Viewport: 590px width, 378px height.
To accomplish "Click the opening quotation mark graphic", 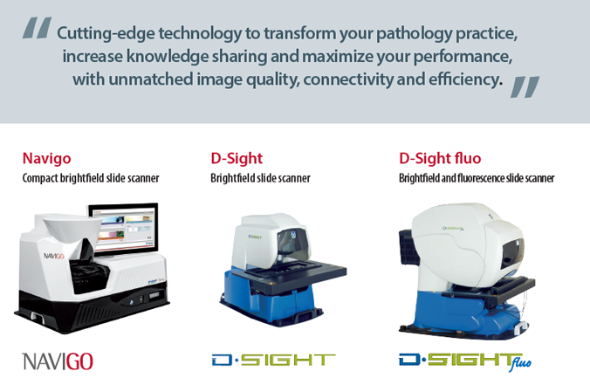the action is [x=37, y=27].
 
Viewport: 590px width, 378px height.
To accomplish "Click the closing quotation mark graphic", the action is [x=525, y=86].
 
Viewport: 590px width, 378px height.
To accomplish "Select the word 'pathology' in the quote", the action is [x=415, y=34].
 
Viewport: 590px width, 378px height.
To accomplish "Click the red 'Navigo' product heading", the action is [x=46, y=159].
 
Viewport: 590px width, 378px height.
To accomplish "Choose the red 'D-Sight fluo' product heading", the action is [x=440, y=158].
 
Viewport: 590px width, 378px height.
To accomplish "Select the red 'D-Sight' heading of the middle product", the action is [x=237, y=158].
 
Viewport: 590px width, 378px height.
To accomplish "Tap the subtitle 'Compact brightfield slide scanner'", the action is [x=91, y=178].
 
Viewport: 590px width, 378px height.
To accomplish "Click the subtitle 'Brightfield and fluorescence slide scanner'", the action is [x=477, y=178].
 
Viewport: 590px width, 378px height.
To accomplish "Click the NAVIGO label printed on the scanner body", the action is [x=54, y=256].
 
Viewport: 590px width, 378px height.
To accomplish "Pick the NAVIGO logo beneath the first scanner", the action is [x=58, y=361].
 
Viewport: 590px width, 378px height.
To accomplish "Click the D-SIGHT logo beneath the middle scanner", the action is [x=273, y=360].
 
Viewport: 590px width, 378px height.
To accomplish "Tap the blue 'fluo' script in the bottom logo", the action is [x=521, y=362].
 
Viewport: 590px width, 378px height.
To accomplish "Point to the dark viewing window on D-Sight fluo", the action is [x=512, y=251].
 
